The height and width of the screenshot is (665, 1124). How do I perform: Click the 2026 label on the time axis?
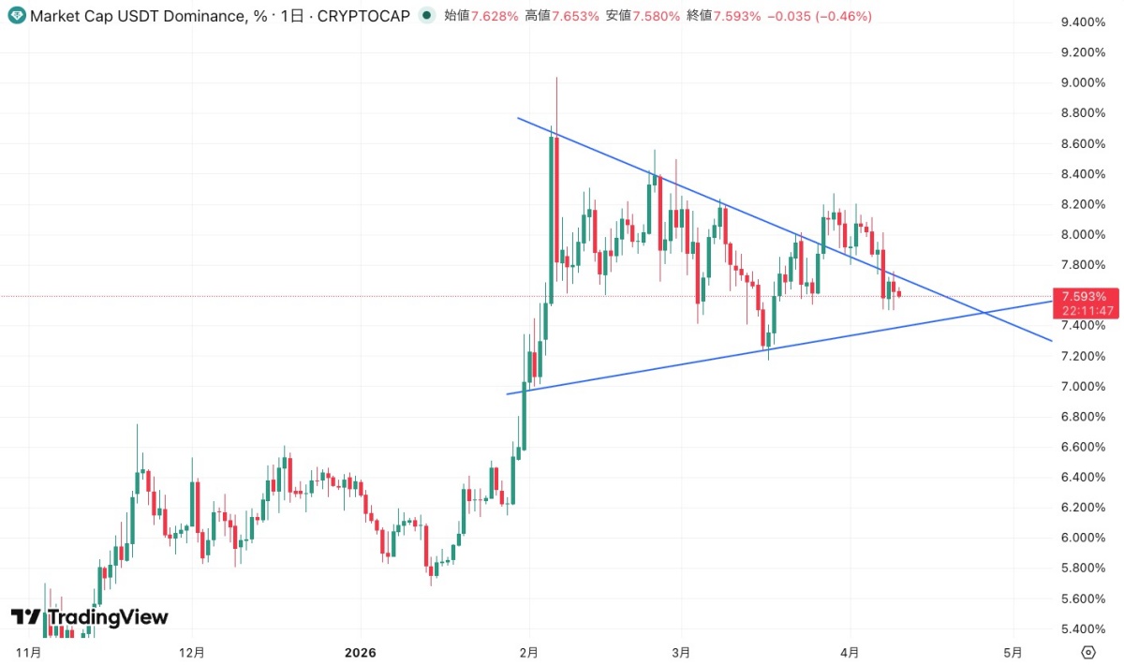click(360, 652)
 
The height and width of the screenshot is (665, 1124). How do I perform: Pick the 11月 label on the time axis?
click(30, 652)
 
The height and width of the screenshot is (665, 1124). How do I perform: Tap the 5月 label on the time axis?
click(1013, 652)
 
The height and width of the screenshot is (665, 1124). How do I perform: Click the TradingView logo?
click(90, 617)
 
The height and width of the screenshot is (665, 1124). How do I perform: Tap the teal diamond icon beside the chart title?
click(16, 16)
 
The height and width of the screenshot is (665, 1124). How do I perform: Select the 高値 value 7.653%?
click(575, 16)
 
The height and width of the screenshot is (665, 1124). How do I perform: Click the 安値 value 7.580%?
click(656, 16)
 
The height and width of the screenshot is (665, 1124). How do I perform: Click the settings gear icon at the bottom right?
click(1088, 652)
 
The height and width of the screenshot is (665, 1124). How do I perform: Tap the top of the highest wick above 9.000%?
click(556, 78)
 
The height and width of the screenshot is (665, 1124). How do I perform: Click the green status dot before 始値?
click(427, 16)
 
